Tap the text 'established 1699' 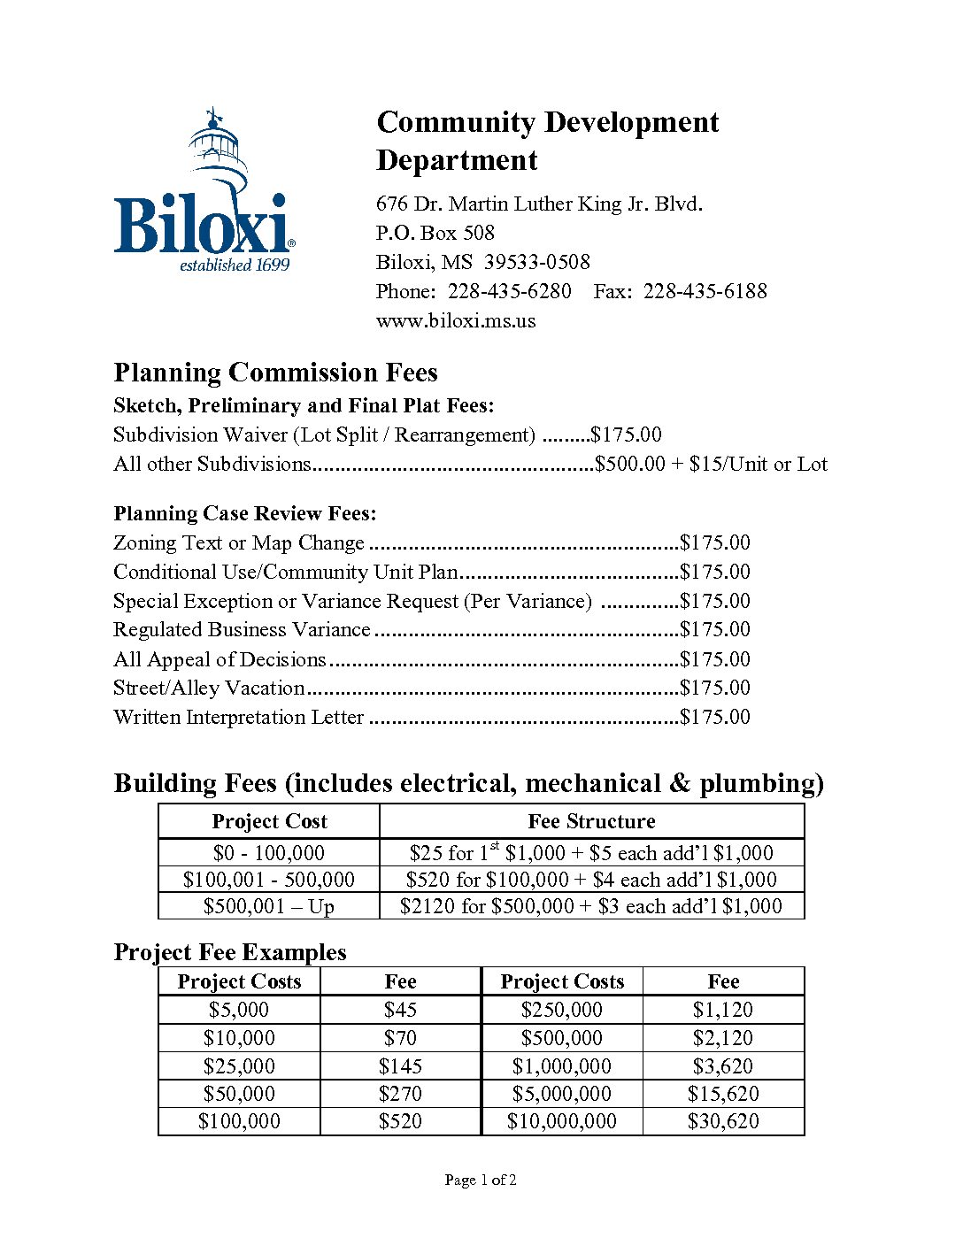click(x=235, y=265)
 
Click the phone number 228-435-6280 click(x=509, y=291)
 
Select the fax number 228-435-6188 click(x=705, y=291)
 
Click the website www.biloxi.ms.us click(x=455, y=320)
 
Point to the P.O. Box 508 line click(x=435, y=233)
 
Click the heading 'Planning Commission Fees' click(x=275, y=373)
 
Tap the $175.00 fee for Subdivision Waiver click(x=626, y=435)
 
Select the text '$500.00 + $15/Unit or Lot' click(x=711, y=464)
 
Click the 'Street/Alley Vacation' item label click(x=209, y=688)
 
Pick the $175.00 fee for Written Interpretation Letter click(x=714, y=717)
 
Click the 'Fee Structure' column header click(x=591, y=821)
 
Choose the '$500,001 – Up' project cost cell click(x=268, y=906)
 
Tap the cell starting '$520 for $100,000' click(x=591, y=880)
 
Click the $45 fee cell click(x=400, y=1010)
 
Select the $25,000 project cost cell click(x=239, y=1066)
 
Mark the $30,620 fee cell click(x=723, y=1121)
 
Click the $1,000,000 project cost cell click(x=561, y=1066)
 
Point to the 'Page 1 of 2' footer click(x=481, y=1180)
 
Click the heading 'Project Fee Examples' click(x=230, y=952)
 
